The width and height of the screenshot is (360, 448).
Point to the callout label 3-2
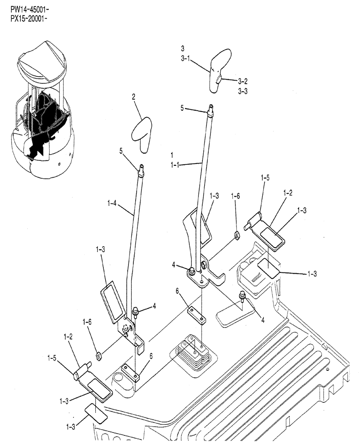pos(243,81)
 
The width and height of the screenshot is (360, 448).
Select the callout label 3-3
pos(243,90)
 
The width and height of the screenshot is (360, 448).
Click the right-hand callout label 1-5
pos(265,177)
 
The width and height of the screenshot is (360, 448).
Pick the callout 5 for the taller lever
pos(182,108)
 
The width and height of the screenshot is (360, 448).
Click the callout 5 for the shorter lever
pos(121,151)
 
